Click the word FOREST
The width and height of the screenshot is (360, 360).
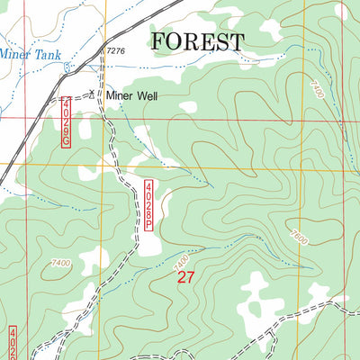point(197,41)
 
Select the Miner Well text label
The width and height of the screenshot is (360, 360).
point(131,94)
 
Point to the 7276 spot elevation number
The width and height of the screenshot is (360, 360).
point(115,52)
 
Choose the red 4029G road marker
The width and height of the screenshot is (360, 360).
point(68,123)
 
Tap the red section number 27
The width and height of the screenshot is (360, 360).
point(185,278)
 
